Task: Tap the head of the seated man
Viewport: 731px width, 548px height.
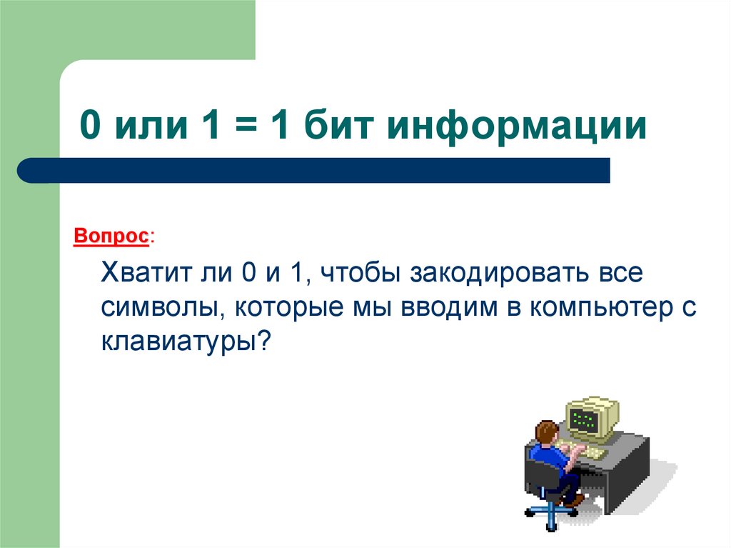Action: tap(546, 432)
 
